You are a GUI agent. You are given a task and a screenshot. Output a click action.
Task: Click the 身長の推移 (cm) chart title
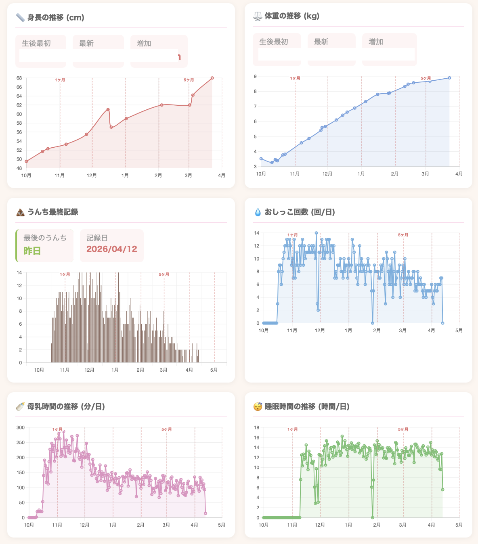(56, 17)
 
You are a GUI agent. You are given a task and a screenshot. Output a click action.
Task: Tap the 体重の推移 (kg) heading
(292, 16)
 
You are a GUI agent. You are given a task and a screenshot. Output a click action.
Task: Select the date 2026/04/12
(112, 249)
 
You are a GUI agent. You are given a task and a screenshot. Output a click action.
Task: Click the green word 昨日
(32, 251)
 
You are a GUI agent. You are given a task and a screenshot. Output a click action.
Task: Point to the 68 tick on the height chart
(19, 78)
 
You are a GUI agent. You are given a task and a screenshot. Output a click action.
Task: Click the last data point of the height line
(212, 78)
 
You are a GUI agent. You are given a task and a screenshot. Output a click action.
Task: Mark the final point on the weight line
(449, 78)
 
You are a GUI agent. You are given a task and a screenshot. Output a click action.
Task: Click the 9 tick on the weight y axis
(255, 76)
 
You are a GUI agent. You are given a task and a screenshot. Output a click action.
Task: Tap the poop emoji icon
(20, 212)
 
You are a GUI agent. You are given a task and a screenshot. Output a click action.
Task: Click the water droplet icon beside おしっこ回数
(258, 212)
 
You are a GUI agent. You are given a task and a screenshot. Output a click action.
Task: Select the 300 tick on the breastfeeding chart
(21, 427)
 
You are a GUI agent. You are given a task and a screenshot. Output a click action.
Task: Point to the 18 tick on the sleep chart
(256, 427)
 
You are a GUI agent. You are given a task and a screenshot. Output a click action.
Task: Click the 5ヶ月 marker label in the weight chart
(426, 78)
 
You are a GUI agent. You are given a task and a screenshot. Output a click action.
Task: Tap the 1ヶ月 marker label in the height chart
(60, 80)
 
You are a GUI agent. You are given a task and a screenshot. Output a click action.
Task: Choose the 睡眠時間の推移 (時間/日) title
(307, 406)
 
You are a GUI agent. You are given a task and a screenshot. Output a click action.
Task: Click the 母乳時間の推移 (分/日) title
(66, 406)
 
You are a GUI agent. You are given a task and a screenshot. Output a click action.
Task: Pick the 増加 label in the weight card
(376, 42)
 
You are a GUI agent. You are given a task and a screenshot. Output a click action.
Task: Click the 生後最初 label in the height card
(36, 43)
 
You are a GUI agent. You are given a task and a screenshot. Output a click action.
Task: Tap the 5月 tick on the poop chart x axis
(214, 370)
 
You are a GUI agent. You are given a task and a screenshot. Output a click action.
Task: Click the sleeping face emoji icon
(258, 406)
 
